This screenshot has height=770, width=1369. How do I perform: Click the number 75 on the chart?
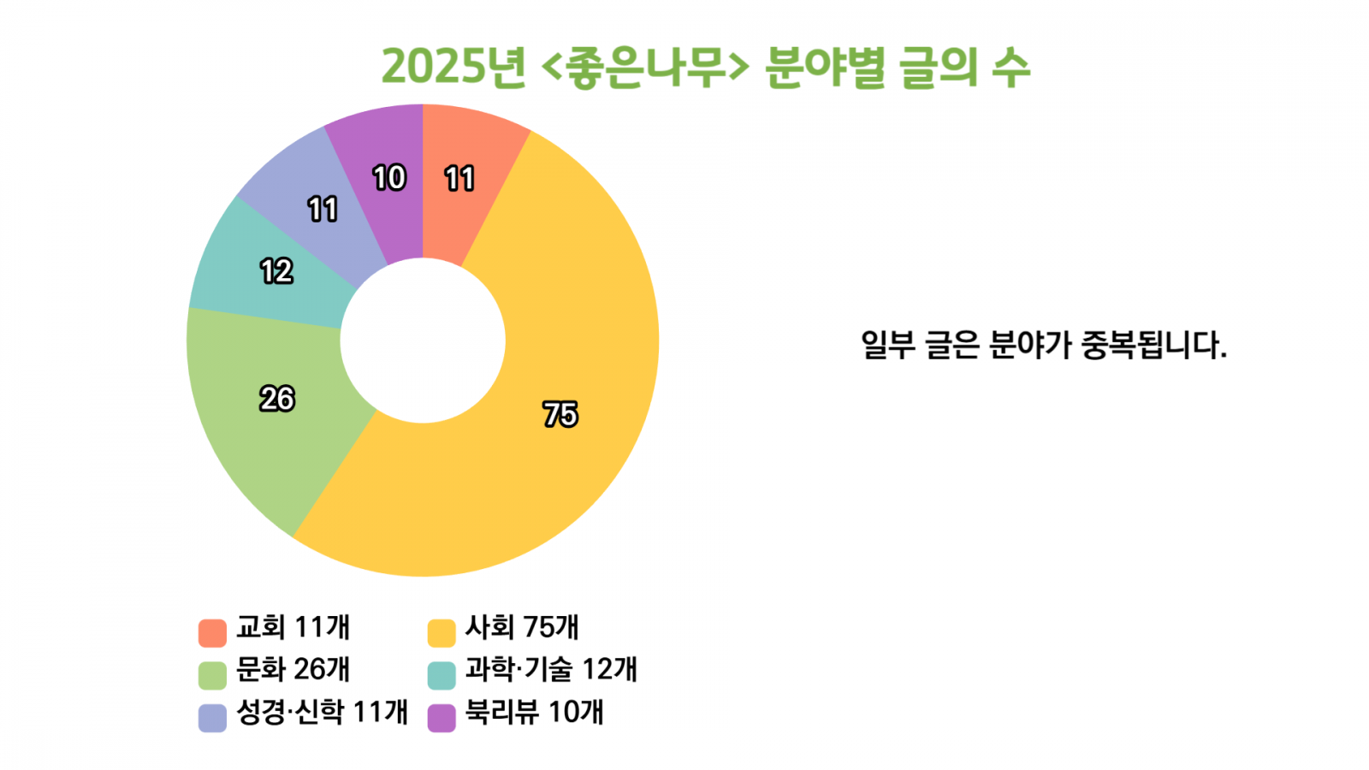tap(560, 414)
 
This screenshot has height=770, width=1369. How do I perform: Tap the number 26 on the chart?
tap(277, 399)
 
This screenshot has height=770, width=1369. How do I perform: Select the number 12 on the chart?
tap(276, 272)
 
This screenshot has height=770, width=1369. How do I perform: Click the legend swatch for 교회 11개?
tap(212, 632)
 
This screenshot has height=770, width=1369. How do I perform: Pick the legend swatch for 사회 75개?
tap(442, 632)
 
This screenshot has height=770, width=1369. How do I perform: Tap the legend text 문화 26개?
tap(293, 670)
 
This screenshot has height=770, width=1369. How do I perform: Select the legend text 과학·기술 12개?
tap(551, 670)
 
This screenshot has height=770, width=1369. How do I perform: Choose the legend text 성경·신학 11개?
tap(322, 712)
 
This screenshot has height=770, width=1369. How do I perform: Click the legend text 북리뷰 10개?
tap(534, 712)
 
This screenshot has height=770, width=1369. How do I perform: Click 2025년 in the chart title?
tap(453, 67)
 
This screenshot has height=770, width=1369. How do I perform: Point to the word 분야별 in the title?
tap(826, 67)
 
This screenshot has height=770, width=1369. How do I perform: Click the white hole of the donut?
tap(423, 341)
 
